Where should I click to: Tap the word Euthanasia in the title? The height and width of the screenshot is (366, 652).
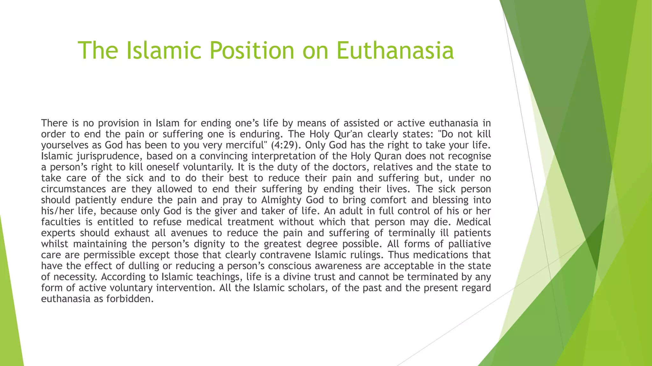tap(395, 51)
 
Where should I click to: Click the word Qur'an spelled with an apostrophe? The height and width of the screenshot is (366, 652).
tap(348, 134)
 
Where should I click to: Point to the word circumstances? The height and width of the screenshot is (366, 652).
tap(74, 189)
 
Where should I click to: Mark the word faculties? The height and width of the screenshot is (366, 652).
tap(61, 222)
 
